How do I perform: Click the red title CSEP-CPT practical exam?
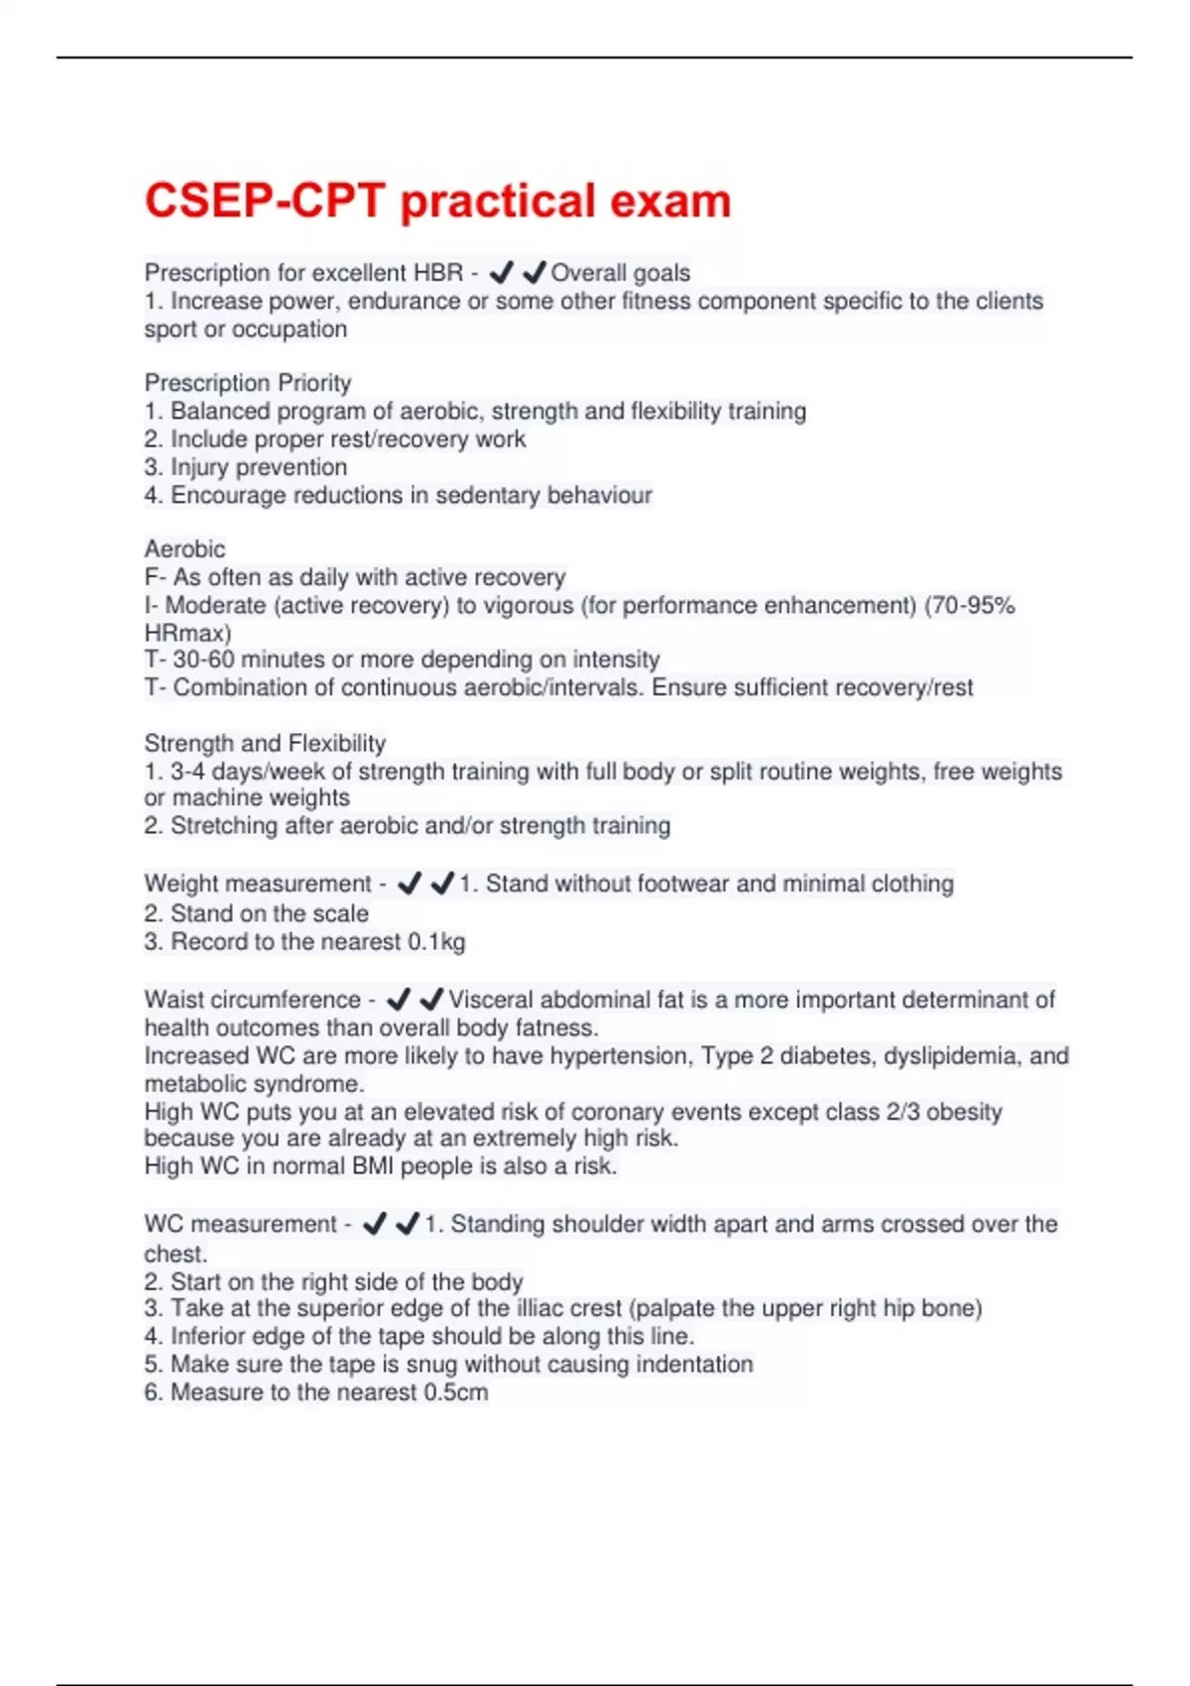(437, 201)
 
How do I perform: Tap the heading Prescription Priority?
(248, 383)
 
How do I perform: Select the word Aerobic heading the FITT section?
(184, 548)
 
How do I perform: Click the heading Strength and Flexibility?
(265, 743)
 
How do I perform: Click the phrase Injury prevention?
(259, 467)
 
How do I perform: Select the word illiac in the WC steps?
(521, 1308)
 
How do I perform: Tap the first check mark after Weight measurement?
(410, 883)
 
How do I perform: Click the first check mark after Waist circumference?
(399, 999)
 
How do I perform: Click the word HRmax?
(187, 633)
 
